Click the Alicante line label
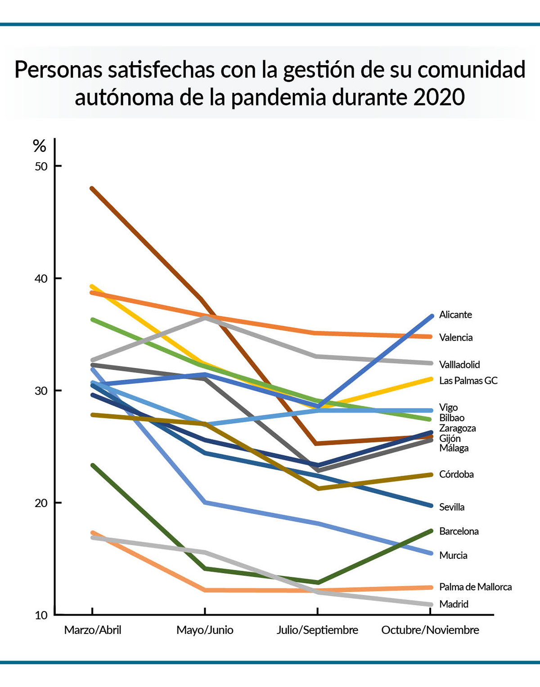pyautogui.click(x=455, y=315)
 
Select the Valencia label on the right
pyautogui.click(x=456, y=338)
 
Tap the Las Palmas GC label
pyautogui.click(x=468, y=380)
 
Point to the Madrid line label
pyautogui.click(x=454, y=604)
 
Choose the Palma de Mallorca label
pyautogui.click(x=476, y=587)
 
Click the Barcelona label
pyautogui.click(x=459, y=531)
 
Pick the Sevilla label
pyautogui.click(x=452, y=508)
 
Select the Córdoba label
pyautogui.click(x=456, y=474)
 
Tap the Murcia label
pyautogui.click(x=453, y=555)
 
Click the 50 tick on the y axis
pyautogui.click(x=41, y=166)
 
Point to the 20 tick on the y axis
pyautogui.click(x=41, y=503)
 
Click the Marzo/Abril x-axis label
pyautogui.click(x=93, y=630)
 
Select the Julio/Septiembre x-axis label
pyautogui.click(x=317, y=630)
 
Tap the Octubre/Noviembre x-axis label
pyautogui.click(x=430, y=630)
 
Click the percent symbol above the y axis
pyautogui.click(x=40, y=147)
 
